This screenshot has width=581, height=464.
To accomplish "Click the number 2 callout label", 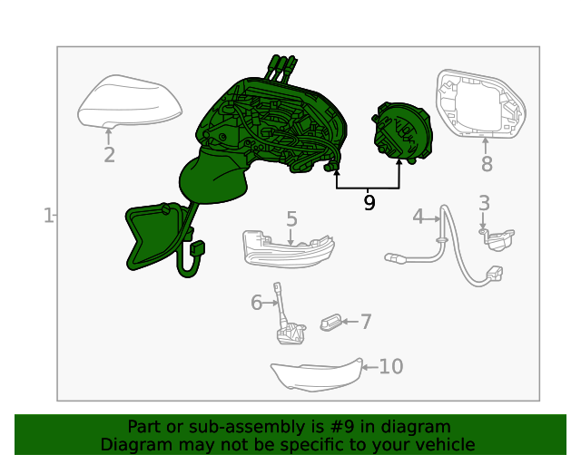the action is (109, 155).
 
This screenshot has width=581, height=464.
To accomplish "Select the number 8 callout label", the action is (487, 164).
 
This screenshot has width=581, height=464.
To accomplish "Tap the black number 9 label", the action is (369, 203).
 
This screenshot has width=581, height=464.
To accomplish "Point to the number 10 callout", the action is (391, 367).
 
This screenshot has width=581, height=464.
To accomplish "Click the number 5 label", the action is (291, 219).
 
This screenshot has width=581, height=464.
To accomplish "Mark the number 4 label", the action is (419, 217).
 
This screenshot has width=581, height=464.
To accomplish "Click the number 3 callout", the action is (484, 203).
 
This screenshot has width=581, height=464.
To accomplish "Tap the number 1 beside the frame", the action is (48, 216).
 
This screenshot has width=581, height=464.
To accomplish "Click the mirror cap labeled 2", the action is (130, 101).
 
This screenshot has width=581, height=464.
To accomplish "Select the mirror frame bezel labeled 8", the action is (481, 103).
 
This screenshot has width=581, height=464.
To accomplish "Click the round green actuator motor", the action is (402, 132).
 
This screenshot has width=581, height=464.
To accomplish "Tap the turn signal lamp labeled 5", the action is (289, 250).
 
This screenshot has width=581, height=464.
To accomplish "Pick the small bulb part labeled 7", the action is (330, 323).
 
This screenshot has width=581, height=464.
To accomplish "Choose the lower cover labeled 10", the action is (317, 375).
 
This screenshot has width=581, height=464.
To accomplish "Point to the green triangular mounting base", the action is (152, 235).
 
